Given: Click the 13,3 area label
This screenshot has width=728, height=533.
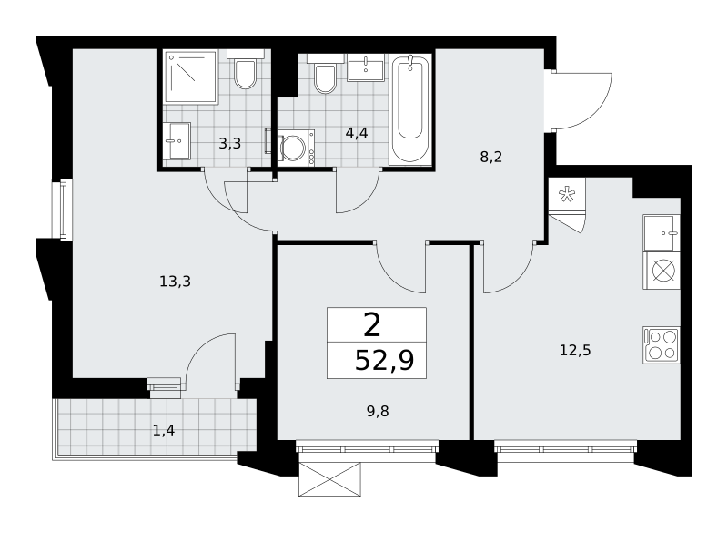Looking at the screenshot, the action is pos(175,282).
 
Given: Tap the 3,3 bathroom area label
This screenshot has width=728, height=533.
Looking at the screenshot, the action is pos(230,144).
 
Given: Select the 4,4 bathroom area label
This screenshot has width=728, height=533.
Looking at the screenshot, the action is pos(357,133).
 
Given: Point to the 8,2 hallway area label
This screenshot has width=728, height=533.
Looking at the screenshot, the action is pos(490,157).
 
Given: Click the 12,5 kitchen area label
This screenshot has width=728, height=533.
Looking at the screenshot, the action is pos(575,350).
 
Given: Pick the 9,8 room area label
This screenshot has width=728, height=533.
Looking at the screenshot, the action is pos(378,411).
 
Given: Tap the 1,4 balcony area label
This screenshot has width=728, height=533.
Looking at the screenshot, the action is pos(164,431).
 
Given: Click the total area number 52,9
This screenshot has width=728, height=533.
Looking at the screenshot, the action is pos(384,360).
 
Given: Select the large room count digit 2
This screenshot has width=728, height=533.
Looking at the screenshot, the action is pos(372,325).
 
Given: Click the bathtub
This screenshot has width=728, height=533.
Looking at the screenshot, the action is pos(410,109).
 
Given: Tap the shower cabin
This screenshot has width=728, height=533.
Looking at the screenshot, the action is pos(191,77).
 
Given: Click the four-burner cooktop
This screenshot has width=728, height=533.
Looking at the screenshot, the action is pos(662,344).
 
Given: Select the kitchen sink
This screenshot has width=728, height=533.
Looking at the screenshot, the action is pos(662,233).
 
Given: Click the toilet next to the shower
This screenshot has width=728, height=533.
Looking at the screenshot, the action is pos(245,69).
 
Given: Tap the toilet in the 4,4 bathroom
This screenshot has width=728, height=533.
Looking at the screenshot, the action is pos(325,74).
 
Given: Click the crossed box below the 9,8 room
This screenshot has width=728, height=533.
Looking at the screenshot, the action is pos(329,479).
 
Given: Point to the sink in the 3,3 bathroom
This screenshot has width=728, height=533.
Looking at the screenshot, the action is pos(177,140).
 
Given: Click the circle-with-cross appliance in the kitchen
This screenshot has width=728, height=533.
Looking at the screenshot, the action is pos(662,271).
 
